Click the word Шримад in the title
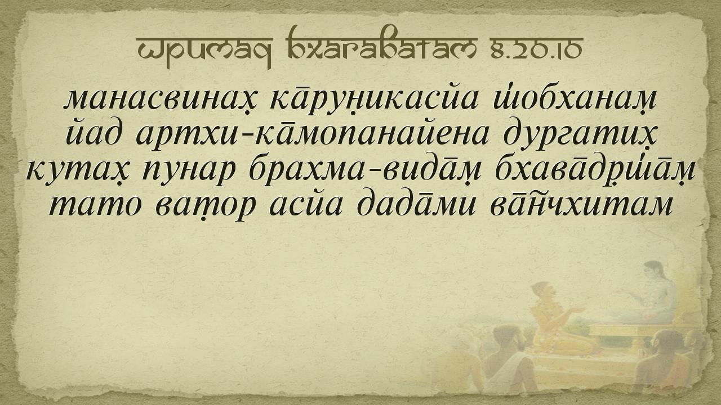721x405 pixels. [204, 51]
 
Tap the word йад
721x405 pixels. [94, 135]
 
